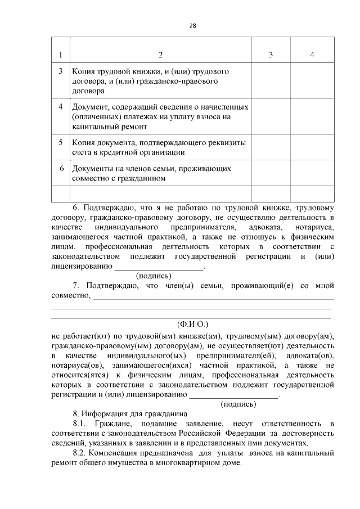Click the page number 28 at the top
(x=192, y=26)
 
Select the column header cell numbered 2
(x=160, y=55)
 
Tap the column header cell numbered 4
(x=312, y=55)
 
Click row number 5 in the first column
(x=61, y=142)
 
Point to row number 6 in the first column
(x=61, y=168)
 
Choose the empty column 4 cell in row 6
(x=312, y=173)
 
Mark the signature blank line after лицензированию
(x=159, y=268)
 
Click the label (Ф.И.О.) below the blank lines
(x=192, y=325)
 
